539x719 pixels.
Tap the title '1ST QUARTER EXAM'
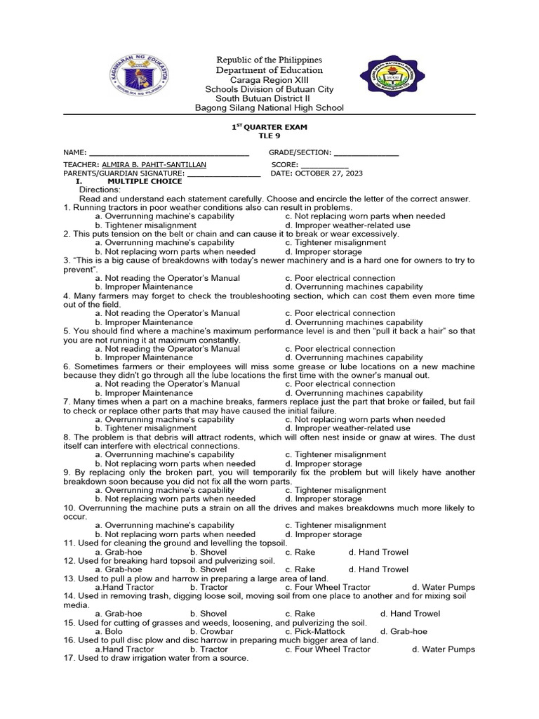pyautogui.click(x=269, y=126)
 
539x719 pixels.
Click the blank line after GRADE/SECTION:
pyautogui.click(x=366, y=152)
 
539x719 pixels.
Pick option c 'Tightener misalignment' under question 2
pyautogui.click(x=335, y=243)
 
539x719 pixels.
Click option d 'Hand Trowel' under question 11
pyautogui.click(x=378, y=552)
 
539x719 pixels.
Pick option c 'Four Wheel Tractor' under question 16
pyautogui.click(x=328, y=649)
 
